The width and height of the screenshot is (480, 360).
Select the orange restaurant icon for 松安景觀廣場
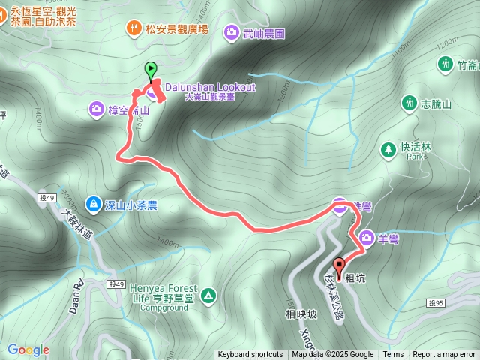(x=134, y=28)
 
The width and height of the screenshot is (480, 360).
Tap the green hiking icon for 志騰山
(x=409, y=102)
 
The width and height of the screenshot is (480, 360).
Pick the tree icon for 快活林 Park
(x=388, y=148)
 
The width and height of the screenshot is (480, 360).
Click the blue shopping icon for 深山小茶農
(x=93, y=203)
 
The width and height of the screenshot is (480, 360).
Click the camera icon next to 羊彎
(x=367, y=238)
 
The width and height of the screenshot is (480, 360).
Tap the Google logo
(x=28, y=349)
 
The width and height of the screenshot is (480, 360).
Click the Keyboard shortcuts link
(x=250, y=355)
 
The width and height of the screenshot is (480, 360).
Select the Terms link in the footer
(x=393, y=355)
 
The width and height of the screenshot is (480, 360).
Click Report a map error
(x=444, y=355)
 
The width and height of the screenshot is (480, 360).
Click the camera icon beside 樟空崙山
(x=97, y=109)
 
